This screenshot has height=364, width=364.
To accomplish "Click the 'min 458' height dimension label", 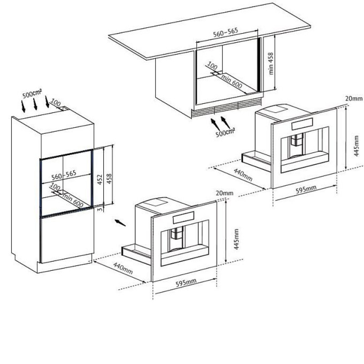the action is coord(271,64).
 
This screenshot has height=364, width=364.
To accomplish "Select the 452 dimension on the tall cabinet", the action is coord(100,179).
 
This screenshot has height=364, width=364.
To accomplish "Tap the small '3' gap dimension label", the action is coord(100,209).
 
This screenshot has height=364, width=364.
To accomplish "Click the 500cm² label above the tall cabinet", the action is coord(32,94).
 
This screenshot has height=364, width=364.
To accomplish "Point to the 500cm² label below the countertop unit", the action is coord(225,132).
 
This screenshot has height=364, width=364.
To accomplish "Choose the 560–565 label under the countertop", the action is coord(226,32).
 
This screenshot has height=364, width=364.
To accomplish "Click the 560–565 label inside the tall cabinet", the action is coord(64,175).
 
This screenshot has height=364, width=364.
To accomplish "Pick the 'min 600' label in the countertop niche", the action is coord(232,81).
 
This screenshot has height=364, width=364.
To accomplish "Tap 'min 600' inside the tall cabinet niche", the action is coord(73,200).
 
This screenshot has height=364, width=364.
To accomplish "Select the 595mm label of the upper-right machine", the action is coord(306,189).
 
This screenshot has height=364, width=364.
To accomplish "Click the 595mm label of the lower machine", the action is coord(186,283).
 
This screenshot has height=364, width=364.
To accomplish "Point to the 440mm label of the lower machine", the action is coord(123,268).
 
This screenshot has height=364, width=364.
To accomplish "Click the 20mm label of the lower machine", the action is coord(224,193).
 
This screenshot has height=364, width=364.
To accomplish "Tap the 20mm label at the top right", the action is coord(354,98).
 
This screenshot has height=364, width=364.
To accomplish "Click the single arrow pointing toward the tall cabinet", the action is coord(120,222).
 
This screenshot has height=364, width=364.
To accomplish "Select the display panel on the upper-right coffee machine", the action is coord(302,124).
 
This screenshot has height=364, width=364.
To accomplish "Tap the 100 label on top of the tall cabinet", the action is coord(56,102).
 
